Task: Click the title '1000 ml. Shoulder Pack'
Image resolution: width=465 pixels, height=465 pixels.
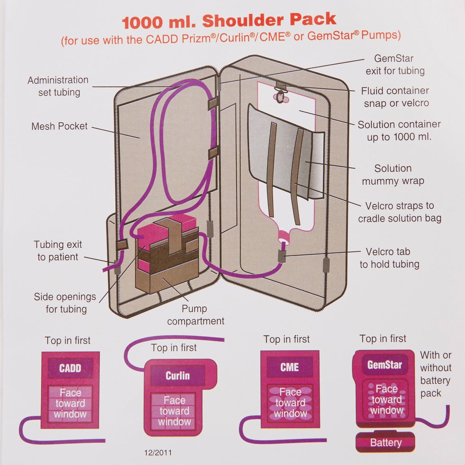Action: pos(229,21)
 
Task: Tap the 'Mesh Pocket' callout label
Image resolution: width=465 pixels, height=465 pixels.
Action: pos(59,126)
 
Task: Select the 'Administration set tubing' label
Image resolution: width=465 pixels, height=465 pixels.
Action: pos(58,86)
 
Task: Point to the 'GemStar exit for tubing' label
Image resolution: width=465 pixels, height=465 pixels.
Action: pos(395,65)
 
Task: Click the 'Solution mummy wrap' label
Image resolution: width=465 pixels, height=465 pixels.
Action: pos(393,175)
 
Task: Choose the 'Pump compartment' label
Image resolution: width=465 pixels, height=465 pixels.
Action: pos(195,315)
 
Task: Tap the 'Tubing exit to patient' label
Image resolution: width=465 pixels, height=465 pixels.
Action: pos(58,251)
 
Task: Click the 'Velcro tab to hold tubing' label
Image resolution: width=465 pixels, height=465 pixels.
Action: pos(389,258)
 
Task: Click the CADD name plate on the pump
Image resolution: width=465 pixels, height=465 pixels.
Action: pos(70,368)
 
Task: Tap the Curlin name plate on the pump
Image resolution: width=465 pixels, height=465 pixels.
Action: pos(178,376)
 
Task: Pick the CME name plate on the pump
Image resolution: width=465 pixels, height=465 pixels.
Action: pos(290,367)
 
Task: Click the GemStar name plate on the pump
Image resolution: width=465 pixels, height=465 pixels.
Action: pos(385,365)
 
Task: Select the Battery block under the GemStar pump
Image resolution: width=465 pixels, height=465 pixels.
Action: pos(386,443)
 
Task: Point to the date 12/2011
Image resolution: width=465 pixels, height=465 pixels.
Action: pos(158,453)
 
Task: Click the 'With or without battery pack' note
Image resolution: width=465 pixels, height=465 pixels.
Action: pos(436,374)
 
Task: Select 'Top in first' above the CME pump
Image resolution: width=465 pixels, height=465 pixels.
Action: pos(286,339)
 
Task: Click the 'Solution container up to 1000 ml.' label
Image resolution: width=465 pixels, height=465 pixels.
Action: pos(399,131)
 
